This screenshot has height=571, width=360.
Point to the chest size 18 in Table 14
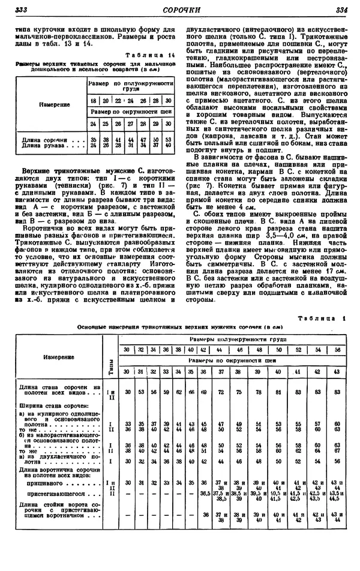pyautogui.click(x=93, y=101)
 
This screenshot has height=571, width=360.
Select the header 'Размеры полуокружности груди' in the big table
pyautogui.click(x=230, y=339)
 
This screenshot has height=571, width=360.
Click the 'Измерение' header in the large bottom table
pyautogui.click(x=59, y=357)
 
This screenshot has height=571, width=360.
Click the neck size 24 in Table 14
pyautogui.click(x=93, y=123)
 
